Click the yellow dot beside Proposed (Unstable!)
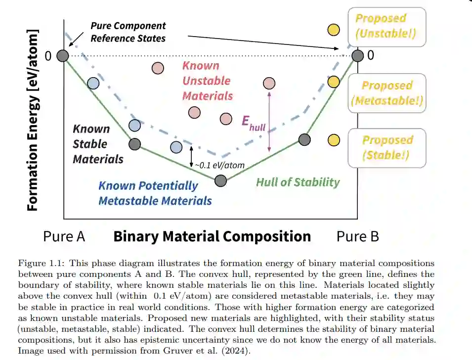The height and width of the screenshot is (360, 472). pyautogui.click(x=334, y=30)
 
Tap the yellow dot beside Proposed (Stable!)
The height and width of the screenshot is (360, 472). pyautogui.click(x=334, y=140)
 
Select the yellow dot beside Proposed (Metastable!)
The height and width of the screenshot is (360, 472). pyautogui.click(x=334, y=82)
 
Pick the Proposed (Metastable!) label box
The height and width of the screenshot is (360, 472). pyautogui.click(x=387, y=93)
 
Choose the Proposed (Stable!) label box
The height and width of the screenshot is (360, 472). pyautogui.click(x=387, y=147)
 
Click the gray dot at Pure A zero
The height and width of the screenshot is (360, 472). pyautogui.click(x=62, y=55)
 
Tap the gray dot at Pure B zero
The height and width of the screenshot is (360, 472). pyautogui.click(x=357, y=55)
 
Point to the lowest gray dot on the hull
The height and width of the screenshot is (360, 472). pyautogui.click(x=221, y=180)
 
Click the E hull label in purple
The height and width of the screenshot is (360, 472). pyautogui.click(x=253, y=123)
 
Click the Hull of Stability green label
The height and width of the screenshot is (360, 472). pyautogui.click(x=298, y=182)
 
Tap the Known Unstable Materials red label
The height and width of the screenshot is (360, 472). pyautogui.click(x=207, y=81)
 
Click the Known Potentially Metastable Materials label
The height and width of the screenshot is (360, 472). pyautogui.click(x=155, y=193)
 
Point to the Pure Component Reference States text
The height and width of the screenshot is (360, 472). pyautogui.click(x=128, y=32)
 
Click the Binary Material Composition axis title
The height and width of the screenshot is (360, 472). pyautogui.click(x=212, y=236)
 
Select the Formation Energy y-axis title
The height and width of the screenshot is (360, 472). pyautogui.click(x=33, y=121)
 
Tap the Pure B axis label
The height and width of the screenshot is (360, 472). pyautogui.click(x=357, y=236)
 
